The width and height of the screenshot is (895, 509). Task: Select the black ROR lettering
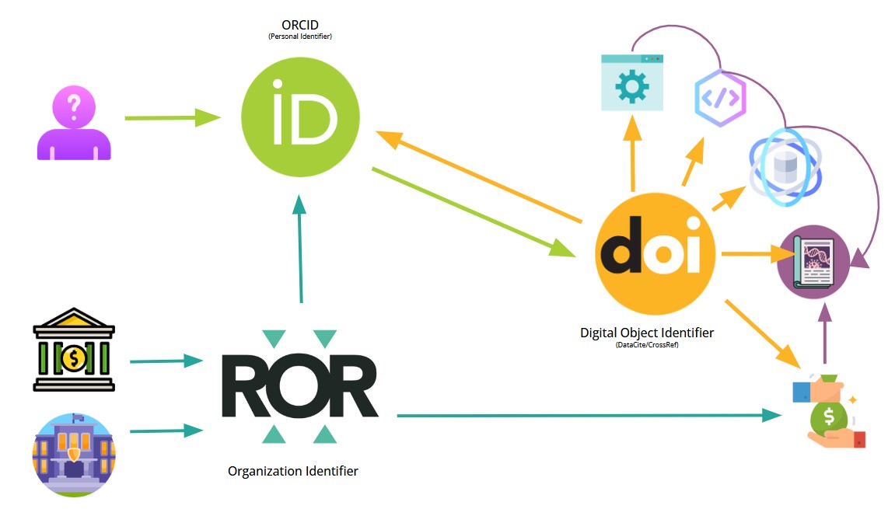click(299, 387)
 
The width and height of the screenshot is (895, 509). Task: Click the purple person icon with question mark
click(75, 123)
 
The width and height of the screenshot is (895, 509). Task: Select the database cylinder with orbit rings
click(784, 167)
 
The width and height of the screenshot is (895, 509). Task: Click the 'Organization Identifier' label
click(293, 471)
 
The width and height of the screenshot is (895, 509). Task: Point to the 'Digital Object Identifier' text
click(647, 333)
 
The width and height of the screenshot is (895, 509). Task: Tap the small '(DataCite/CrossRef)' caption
click(646, 344)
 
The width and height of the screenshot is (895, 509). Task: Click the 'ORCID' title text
click(300, 26)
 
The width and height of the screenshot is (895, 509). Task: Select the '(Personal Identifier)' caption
click(300, 37)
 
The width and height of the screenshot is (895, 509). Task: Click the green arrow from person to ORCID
click(172, 118)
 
